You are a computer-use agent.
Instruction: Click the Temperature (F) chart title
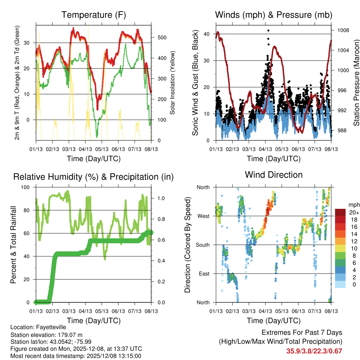point(94,15)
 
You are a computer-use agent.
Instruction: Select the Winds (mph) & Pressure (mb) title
point(274,15)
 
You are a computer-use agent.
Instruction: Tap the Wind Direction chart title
point(274,175)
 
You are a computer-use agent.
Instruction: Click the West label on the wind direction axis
point(203,216)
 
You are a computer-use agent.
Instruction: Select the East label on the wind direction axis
point(204,274)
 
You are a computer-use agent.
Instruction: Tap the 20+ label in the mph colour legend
point(353,212)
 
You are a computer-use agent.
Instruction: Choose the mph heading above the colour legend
point(353,205)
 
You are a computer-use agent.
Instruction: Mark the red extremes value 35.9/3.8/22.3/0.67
point(314,351)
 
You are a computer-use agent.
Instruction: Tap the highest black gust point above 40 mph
point(268,31)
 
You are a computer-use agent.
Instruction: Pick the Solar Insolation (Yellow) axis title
point(173,83)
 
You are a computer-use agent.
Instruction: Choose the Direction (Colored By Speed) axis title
point(187,244)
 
